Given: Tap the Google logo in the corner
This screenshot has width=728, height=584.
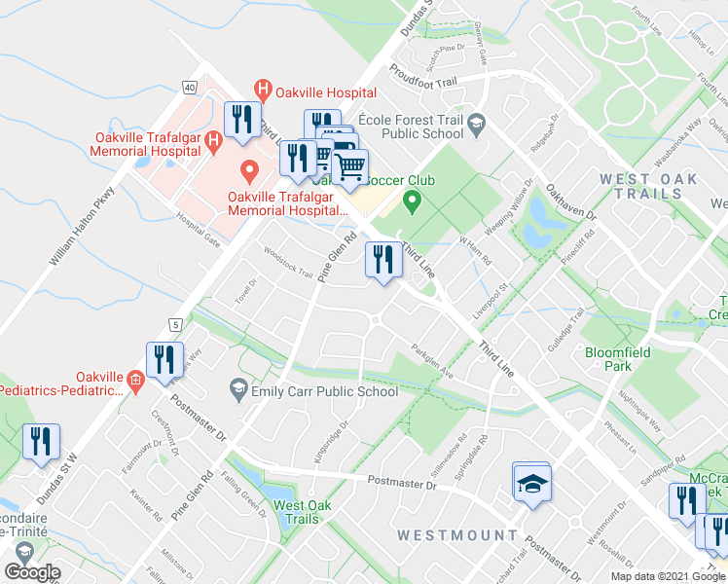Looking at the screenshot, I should [32, 572].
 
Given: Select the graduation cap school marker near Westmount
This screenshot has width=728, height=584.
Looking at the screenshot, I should [532, 484].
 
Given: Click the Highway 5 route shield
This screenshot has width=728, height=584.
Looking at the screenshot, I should [175, 323].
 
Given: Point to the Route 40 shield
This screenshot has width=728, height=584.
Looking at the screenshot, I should [190, 87].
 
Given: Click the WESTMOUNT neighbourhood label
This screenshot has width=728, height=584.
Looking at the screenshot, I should [457, 535].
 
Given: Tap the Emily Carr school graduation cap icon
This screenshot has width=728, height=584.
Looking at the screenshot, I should [238, 390].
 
